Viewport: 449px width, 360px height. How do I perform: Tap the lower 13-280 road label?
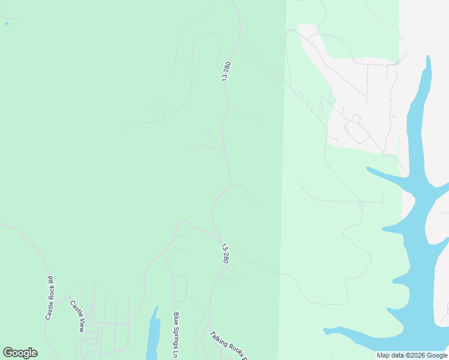[x=225, y=254]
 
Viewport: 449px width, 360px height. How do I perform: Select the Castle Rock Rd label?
[x=49, y=298]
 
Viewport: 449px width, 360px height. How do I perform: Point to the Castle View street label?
[x=77, y=316]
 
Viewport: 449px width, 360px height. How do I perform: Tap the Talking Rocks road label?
[x=228, y=346]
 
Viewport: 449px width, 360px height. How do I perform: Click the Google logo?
[x=20, y=353]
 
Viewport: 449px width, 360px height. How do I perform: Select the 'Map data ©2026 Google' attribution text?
[x=412, y=355]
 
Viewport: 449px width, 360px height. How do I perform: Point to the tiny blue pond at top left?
[x=7, y=23]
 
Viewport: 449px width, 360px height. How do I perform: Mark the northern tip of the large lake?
[x=428, y=58]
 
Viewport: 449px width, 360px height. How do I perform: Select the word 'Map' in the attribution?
[x=384, y=355]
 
